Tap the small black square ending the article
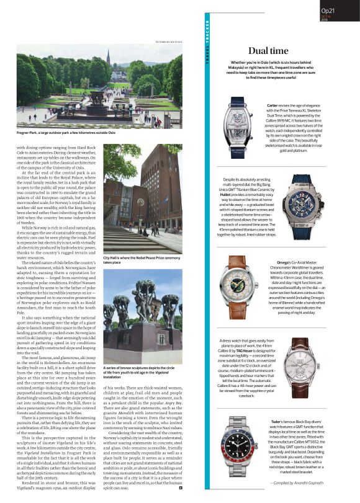(181, 489)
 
